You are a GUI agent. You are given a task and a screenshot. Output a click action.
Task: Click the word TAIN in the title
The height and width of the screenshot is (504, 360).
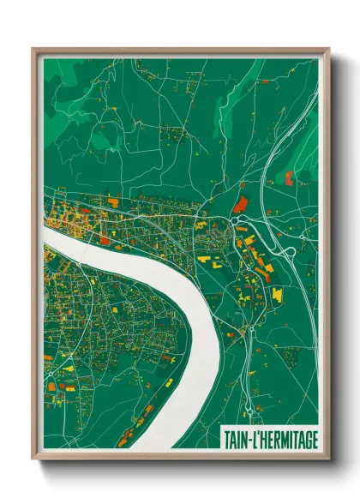click(x=236, y=439)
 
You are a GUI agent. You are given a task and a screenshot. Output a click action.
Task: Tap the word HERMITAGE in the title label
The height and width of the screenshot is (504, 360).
click(x=287, y=439)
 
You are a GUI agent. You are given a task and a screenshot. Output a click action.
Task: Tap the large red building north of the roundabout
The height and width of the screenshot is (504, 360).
click(x=239, y=204)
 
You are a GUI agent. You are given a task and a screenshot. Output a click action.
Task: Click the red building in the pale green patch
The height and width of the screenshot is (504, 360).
click(x=288, y=177)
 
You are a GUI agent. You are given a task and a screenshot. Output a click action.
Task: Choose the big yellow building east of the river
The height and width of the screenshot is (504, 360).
click(x=277, y=295)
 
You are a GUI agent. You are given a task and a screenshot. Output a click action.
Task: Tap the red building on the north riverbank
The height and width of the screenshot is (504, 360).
click(x=105, y=241)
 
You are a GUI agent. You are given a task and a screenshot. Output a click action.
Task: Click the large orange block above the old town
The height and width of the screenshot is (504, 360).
click(x=112, y=202)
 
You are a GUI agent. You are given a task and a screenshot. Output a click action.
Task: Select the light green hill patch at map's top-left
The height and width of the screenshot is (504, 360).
click(x=64, y=86)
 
